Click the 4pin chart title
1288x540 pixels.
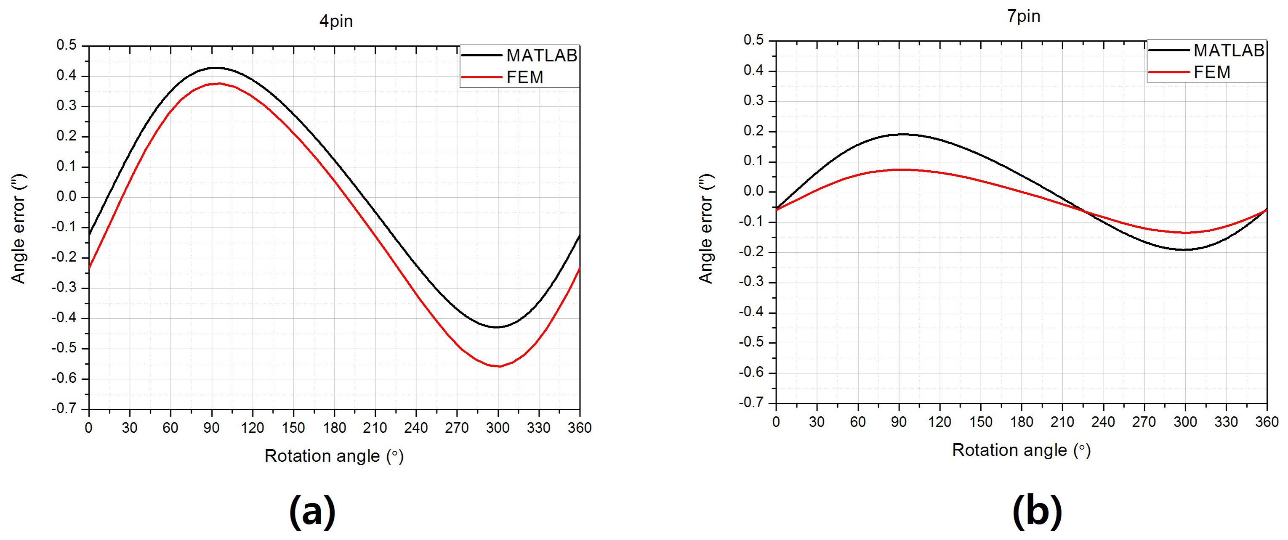click(336, 21)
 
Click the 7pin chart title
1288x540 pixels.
click(1024, 16)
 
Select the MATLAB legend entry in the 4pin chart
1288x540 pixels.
click(541, 56)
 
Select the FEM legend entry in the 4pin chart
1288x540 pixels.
click(524, 77)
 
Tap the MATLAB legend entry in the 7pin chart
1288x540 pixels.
click(1229, 50)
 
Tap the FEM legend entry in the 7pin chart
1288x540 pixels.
click(1211, 72)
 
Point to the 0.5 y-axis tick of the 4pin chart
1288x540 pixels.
click(67, 45)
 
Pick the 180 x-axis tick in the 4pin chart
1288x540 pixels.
click(334, 428)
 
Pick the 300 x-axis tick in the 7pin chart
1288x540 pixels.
click(1185, 422)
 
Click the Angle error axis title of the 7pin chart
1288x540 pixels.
click(706, 229)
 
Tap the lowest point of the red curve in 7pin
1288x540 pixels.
click(1185, 232)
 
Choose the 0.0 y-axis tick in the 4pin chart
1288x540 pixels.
click(67, 197)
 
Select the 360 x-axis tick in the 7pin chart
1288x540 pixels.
click(1267, 422)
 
